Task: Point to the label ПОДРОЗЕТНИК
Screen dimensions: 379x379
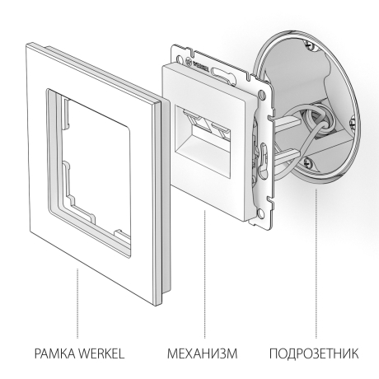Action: pyautogui.click(x=314, y=354)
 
